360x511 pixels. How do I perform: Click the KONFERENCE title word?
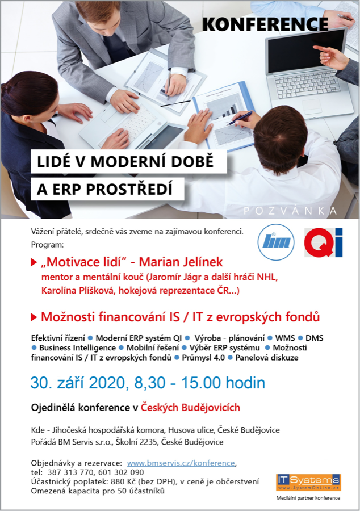pos(265,24)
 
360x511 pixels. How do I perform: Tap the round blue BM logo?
pos(276,242)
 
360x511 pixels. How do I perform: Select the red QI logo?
pos(323,242)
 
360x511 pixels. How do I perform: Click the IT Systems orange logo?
pos(308,482)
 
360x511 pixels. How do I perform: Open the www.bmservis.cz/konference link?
pos(181,463)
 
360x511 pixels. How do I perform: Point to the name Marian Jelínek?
pos(181,262)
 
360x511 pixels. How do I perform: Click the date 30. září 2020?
pos(78,383)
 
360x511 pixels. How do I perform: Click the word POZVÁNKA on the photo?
pos(290,211)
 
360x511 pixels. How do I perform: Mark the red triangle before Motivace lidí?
pos(34,262)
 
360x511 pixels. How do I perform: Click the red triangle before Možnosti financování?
pos(34,317)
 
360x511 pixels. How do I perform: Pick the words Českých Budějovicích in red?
pos(190,407)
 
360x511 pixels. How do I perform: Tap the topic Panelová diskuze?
pos(267,358)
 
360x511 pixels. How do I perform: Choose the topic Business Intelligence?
pos(78,347)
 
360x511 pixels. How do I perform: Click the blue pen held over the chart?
pos(240,118)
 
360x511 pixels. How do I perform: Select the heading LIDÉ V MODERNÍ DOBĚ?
pos(125,162)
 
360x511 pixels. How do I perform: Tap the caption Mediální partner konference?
pos(308,498)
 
